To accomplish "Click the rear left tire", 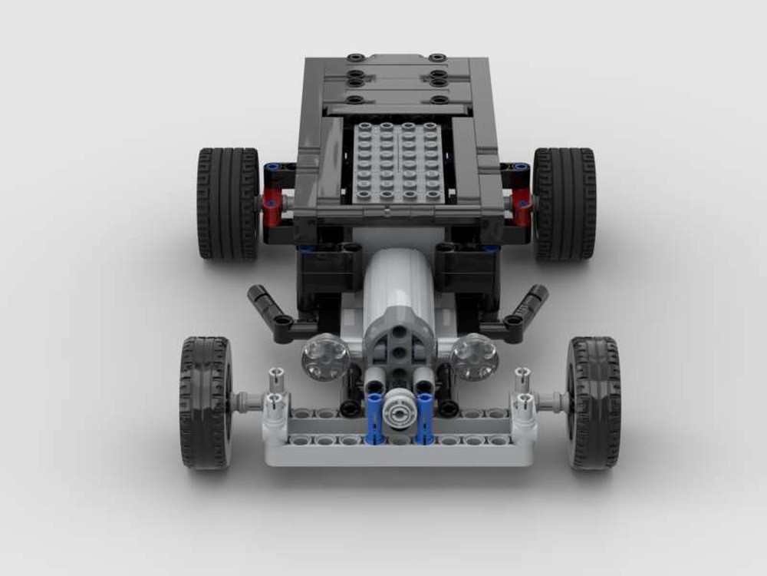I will pyautogui.click(x=227, y=203).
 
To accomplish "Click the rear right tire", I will pyautogui.click(x=565, y=203).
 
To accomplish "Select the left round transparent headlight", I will pyautogui.click(x=324, y=357).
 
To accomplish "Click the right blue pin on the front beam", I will pyautogui.click(x=425, y=415).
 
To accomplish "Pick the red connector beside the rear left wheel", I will pyautogui.click(x=269, y=204).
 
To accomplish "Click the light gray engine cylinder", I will pyautogui.click(x=397, y=288).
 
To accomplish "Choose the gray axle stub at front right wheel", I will pyautogui.click(x=548, y=400).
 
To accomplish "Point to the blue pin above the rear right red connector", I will pyautogui.click(x=521, y=167).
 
